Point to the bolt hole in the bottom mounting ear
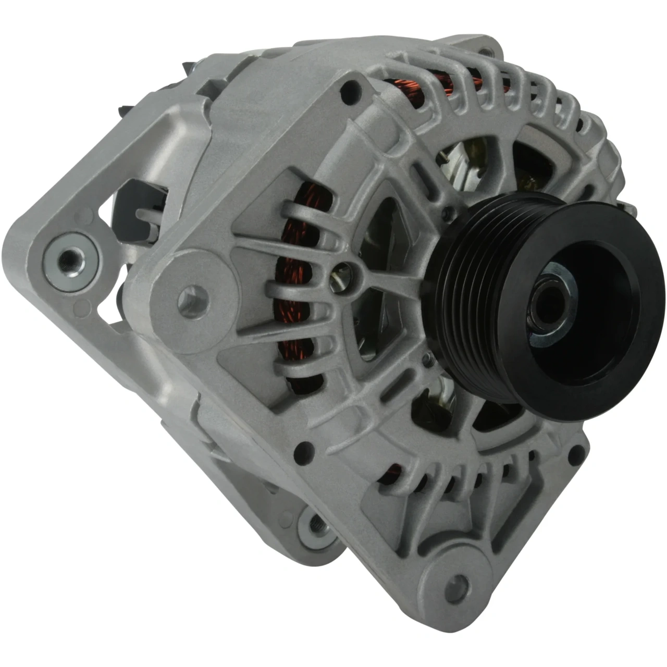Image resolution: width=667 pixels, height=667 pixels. click(x=458, y=584)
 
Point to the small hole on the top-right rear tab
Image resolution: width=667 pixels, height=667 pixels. click(x=487, y=51)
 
